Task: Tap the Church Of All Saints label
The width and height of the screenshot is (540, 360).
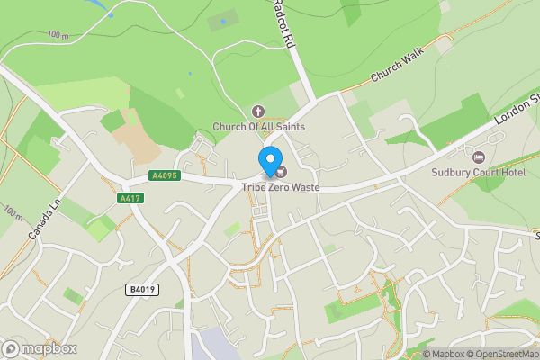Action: [x=258, y=127]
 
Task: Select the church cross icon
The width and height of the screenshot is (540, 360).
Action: [x=258, y=112]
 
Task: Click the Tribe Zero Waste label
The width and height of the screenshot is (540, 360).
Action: [x=280, y=187]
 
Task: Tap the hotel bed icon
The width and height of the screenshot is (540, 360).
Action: [x=478, y=157]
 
